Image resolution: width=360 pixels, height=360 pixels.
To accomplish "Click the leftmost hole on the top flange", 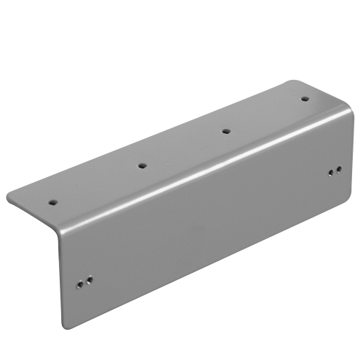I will coord(53,203).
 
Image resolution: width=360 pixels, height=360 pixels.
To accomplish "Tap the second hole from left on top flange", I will coord(142,166).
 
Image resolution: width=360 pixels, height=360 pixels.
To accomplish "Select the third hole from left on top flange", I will coord(225,131).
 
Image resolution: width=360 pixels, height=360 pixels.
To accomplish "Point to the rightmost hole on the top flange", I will coord(304,99).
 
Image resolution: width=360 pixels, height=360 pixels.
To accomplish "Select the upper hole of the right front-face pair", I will coord(338,169).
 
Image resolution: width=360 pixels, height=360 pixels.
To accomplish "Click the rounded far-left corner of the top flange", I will coord(10,194).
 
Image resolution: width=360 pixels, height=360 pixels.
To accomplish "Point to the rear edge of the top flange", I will coord(151,137).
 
